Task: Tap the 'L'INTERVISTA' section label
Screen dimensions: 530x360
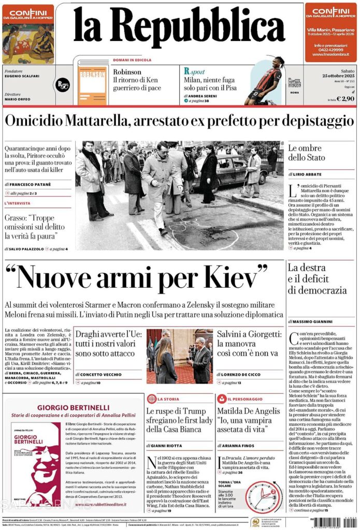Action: (17, 203)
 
